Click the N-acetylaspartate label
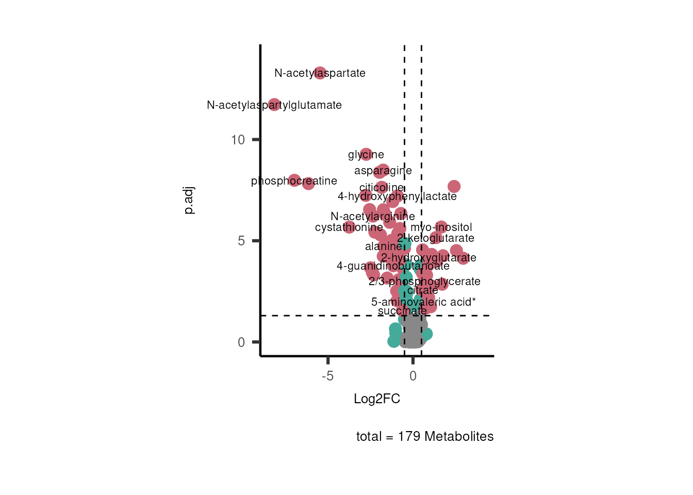pos(320,73)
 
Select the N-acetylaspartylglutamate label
pos(274,105)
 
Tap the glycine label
pos(366,155)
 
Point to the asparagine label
pos(383,171)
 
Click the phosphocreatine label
pos(294,181)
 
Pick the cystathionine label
pos(349,227)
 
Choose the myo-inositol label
pos(441,227)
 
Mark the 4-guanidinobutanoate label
pos(393,266)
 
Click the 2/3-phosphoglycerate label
pos(424,282)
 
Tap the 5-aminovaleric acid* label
pos(423,302)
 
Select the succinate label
pos(402,311)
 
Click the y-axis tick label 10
pos(238,140)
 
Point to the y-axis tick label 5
pos(241,241)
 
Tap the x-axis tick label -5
pos(327,376)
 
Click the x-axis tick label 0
pos(413,376)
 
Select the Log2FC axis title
pos(377,399)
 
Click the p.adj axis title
pos(189,201)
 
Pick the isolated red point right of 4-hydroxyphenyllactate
pos(454,186)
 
